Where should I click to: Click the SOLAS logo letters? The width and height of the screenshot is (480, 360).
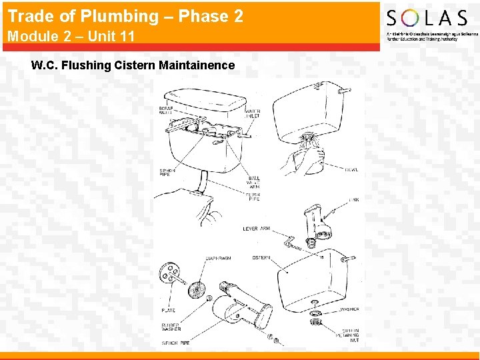pyautogui.click(x=427, y=18)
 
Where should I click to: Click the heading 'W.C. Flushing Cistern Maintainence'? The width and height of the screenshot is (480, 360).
pyautogui.click(x=133, y=65)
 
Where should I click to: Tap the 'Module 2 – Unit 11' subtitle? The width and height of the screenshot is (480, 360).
pyautogui.click(x=71, y=37)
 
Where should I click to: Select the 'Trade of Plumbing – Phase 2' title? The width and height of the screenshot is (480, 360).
pyautogui.click(x=125, y=16)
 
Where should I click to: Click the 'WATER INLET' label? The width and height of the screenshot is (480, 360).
pyautogui.click(x=253, y=113)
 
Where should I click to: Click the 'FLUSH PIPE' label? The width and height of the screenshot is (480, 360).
pyautogui.click(x=254, y=197)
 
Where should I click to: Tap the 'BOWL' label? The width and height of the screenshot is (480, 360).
pyautogui.click(x=351, y=170)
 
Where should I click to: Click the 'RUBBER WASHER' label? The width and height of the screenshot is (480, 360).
pyautogui.click(x=171, y=327)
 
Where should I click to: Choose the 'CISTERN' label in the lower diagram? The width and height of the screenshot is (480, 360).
pyautogui.click(x=261, y=257)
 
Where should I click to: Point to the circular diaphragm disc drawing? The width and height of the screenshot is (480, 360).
pyautogui.click(x=197, y=290)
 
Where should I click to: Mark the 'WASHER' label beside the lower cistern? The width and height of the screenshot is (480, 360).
pyautogui.click(x=349, y=309)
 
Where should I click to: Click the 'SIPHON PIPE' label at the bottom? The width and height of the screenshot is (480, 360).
pyautogui.click(x=175, y=343)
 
